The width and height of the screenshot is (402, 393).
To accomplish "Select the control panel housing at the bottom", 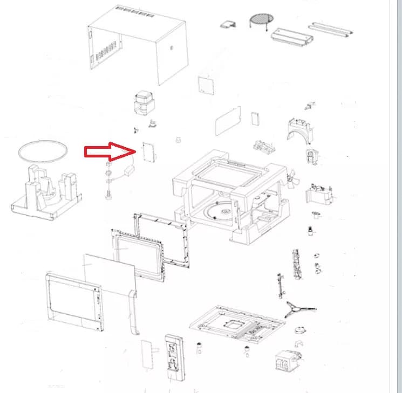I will coord(174,358).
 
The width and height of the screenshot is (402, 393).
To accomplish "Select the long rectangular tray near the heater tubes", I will coord(292,36).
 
